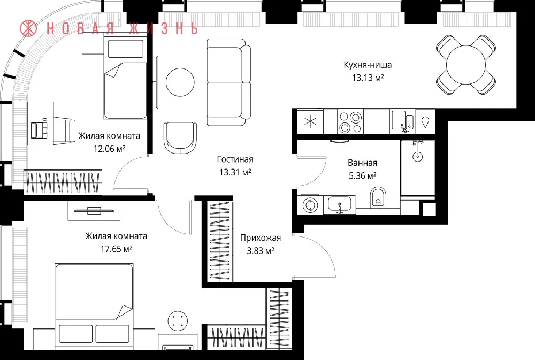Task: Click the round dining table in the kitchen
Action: coord(466,65)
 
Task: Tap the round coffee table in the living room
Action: coord(180,82)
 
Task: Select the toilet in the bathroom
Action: coord(378,197)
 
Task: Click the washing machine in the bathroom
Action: coord(310,205)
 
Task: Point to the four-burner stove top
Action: coord(350,122)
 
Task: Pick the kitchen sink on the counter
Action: coord(403,121)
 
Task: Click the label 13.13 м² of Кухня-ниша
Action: coord(368,78)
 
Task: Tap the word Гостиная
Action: coord(235,159)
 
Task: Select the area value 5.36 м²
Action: coord(362,176)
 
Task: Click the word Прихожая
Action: coord(261,238)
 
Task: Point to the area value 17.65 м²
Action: coord(116,249)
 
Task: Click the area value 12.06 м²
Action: coord(110,149)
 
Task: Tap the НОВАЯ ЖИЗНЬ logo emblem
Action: coord(28,28)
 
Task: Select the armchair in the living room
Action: coord(180,138)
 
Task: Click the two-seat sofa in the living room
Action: coord(228,82)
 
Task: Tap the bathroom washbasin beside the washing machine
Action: coord(340,205)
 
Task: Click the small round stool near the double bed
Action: coord(178,321)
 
